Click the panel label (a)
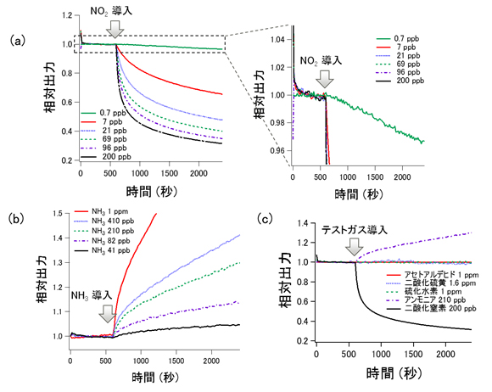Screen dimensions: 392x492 pos(15,40)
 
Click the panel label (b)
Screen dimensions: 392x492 pos(15,216)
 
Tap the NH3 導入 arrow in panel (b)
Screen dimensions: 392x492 pos(106,313)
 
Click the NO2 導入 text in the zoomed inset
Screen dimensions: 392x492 pos(321,62)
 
